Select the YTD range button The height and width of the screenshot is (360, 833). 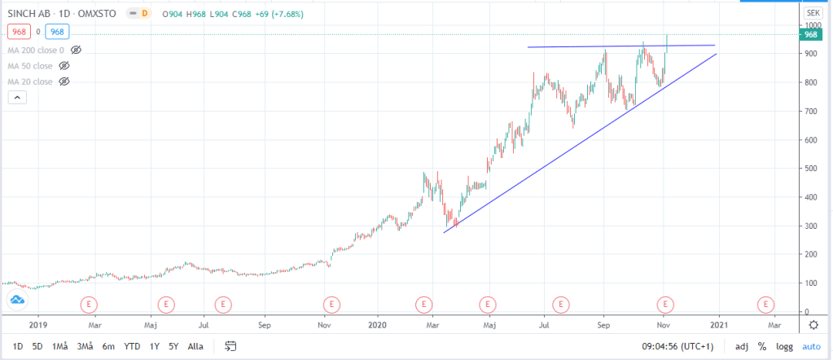[131, 346]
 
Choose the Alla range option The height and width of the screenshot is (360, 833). [195, 346]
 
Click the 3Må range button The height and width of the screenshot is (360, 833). [84, 346]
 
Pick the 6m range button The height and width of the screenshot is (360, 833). [108, 346]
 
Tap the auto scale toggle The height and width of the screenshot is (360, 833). [811, 346]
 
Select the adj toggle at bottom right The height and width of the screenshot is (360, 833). [742, 346]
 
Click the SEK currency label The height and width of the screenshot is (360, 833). [813, 14]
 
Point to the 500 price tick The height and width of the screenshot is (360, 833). [811, 169]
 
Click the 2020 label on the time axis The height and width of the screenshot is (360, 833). [379, 324]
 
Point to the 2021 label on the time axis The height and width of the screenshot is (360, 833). [718, 324]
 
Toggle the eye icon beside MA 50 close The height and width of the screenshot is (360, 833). [64, 65]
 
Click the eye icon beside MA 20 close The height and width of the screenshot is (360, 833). [64, 81]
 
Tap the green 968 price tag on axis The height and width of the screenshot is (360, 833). [811, 35]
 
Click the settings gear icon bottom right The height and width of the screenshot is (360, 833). [813, 324]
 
